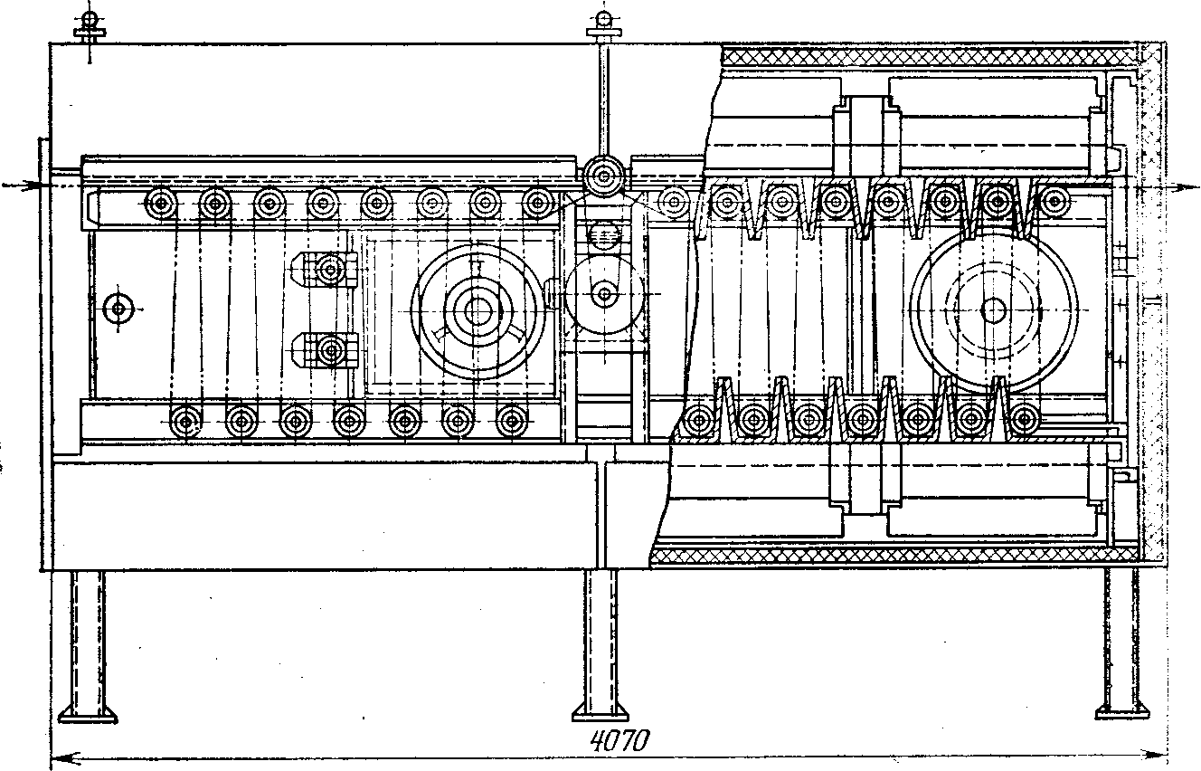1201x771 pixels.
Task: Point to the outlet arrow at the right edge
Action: [x=1176, y=188]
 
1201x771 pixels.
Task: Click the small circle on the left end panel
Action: [x=118, y=309]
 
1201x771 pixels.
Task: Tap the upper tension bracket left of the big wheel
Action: [x=329, y=269]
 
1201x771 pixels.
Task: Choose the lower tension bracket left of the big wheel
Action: [x=329, y=349]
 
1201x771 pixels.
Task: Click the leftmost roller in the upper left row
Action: [x=162, y=202]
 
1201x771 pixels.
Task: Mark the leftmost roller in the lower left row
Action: [x=185, y=421]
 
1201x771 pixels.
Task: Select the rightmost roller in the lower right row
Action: [x=1025, y=419]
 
